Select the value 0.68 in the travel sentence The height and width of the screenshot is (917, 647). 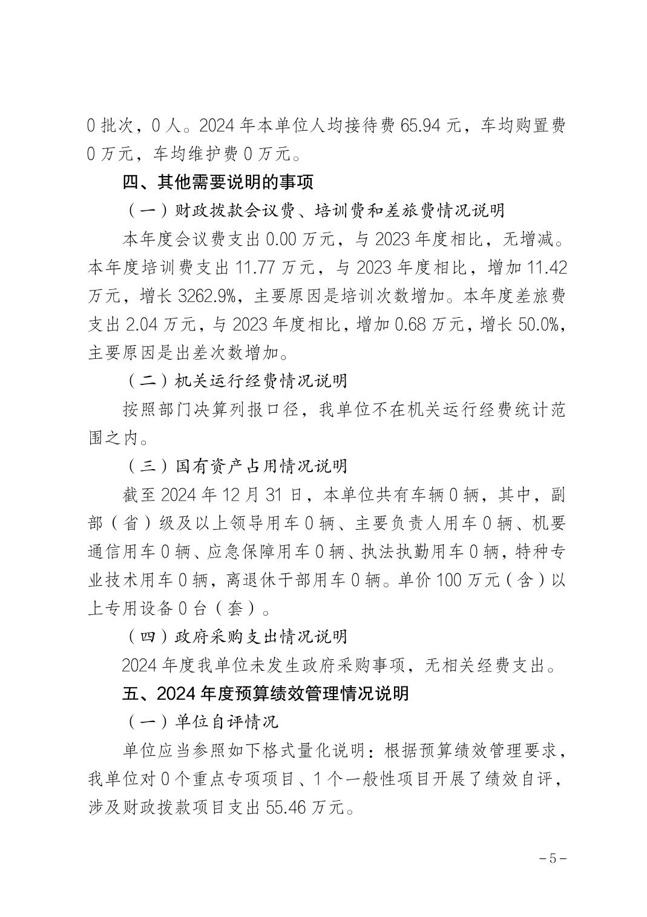click(x=412, y=324)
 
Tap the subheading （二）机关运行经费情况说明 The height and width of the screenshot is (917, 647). click(x=237, y=381)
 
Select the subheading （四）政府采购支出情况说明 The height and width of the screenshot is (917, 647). click(x=237, y=637)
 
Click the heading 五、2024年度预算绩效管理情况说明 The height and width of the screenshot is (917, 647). click(x=266, y=693)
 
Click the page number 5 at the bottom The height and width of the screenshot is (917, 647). click(x=551, y=859)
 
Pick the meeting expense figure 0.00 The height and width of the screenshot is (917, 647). click(x=285, y=239)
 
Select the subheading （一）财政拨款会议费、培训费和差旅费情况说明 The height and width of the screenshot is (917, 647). click(x=315, y=211)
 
